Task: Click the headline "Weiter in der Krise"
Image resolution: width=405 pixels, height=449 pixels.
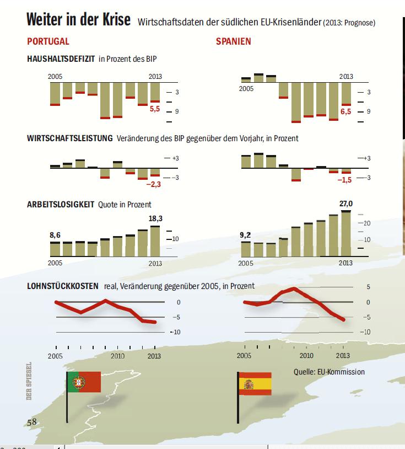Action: point(78,20)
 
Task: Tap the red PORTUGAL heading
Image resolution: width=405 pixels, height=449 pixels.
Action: point(48,42)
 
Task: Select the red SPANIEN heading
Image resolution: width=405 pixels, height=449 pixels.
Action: point(234,42)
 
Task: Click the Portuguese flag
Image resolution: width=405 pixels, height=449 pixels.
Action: point(84,381)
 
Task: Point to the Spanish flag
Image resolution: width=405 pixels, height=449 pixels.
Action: point(255,383)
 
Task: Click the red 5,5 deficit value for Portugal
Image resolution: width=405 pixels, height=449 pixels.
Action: point(155,110)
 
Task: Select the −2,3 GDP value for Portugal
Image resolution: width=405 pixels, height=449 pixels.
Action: point(153,184)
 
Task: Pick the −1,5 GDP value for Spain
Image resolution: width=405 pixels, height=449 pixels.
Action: point(344,180)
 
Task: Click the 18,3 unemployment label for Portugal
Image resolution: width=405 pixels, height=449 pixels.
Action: point(156,218)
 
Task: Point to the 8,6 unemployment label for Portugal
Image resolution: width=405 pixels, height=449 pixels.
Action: point(55,236)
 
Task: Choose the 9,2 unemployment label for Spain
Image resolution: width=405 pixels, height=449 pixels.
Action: point(245,236)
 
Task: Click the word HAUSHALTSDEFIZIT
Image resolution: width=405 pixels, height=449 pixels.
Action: point(61,58)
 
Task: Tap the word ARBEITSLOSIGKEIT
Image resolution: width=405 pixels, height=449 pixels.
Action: point(61,205)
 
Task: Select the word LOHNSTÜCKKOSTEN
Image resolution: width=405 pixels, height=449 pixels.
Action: point(63,286)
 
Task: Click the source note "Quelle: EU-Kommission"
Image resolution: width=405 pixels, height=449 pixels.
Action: point(329,372)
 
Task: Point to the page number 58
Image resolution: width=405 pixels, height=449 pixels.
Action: point(32,422)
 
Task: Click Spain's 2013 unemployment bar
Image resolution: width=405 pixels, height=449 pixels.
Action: point(345,234)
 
